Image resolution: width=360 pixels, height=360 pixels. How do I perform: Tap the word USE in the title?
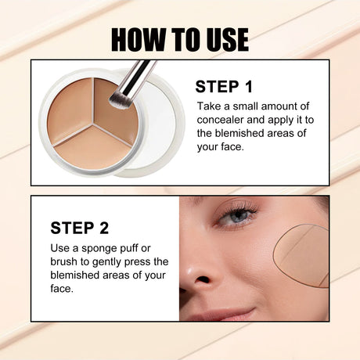[222, 38]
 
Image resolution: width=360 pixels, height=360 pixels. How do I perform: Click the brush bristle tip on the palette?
[120, 99]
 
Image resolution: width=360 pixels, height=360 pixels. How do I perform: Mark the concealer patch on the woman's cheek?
[301, 254]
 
